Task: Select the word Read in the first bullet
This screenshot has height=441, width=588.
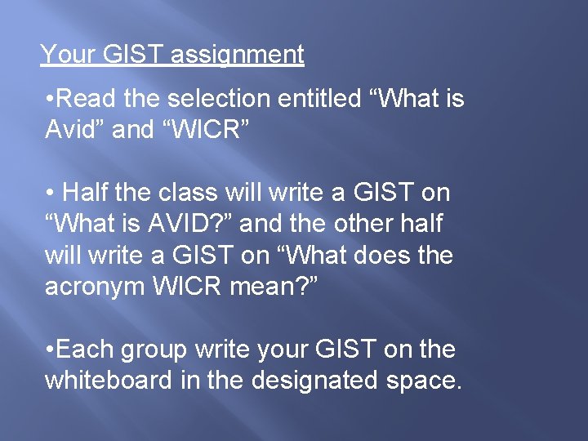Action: point(88,100)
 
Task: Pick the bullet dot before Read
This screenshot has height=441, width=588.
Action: point(51,100)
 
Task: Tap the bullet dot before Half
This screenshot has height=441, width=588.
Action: point(51,194)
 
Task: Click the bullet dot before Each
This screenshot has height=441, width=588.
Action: point(51,350)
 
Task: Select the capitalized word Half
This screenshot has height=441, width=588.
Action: point(87,193)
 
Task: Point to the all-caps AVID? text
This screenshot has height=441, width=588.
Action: point(197,224)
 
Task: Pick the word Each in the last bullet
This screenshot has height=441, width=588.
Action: point(87,350)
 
